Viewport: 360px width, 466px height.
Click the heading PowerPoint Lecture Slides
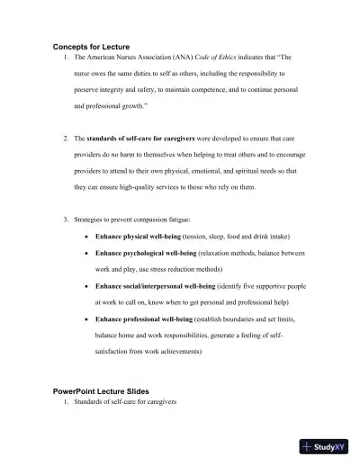pyautogui.click(x=101, y=391)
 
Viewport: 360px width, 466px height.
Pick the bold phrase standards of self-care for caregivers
pyautogui.click(x=139, y=140)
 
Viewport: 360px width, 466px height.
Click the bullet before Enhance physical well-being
pyautogui.click(x=85, y=235)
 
